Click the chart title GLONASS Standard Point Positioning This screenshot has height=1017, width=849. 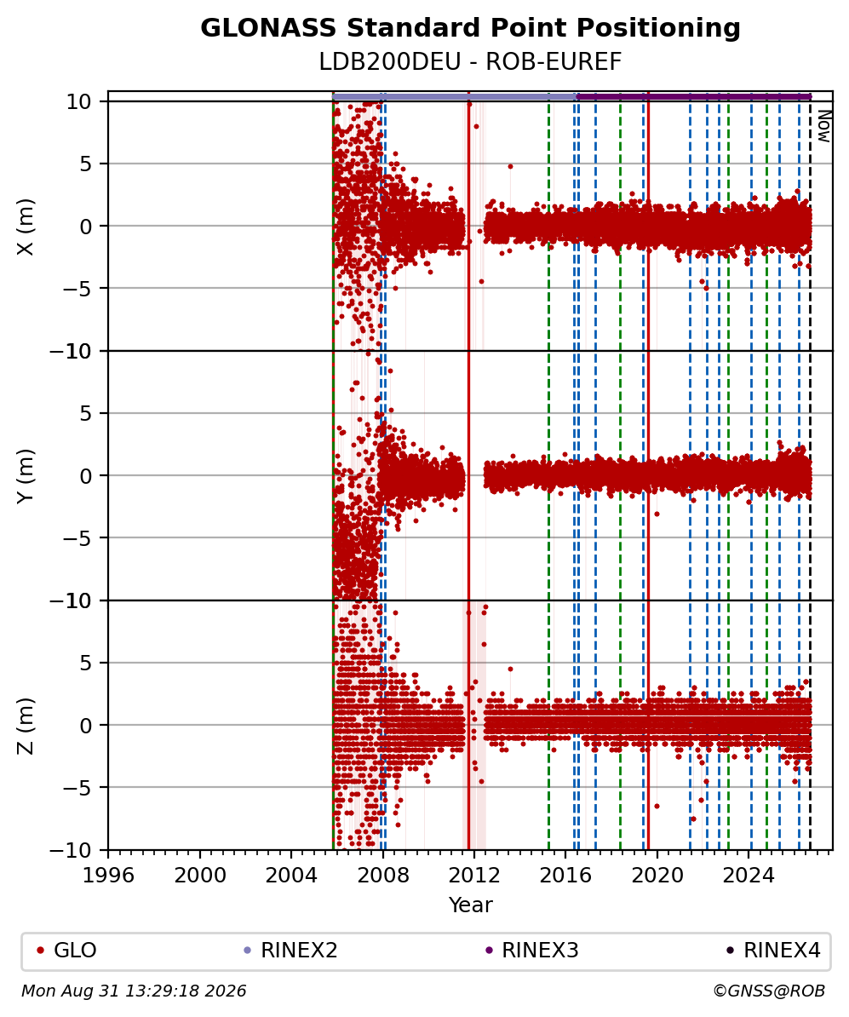coord(470,28)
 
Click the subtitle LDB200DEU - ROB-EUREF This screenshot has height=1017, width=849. coord(470,62)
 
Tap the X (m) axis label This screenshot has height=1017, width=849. coord(26,227)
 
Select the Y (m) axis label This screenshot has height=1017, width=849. coord(26,475)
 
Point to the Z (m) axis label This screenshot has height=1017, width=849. coord(26,725)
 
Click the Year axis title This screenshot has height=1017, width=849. coord(470,905)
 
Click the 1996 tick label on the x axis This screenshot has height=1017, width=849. coord(108,875)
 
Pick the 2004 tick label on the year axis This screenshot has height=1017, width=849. coord(291,875)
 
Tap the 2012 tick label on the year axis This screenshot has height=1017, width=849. coord(474,875)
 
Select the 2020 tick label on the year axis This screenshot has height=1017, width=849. coord(657,875)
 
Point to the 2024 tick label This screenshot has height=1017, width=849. coord(749,875)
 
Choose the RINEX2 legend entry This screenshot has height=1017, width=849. coord(291,951)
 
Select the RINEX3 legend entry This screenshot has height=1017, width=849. coord(532,951)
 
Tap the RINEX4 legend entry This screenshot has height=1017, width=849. coord(774,951)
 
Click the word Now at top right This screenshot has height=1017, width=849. coord(823,126)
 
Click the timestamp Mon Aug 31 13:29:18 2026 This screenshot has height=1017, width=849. coord(135,991)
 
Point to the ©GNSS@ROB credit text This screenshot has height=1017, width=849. coord(769,991)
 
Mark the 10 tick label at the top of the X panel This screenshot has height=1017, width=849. coord(78,102)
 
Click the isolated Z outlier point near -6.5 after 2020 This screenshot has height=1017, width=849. coord(657,807)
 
